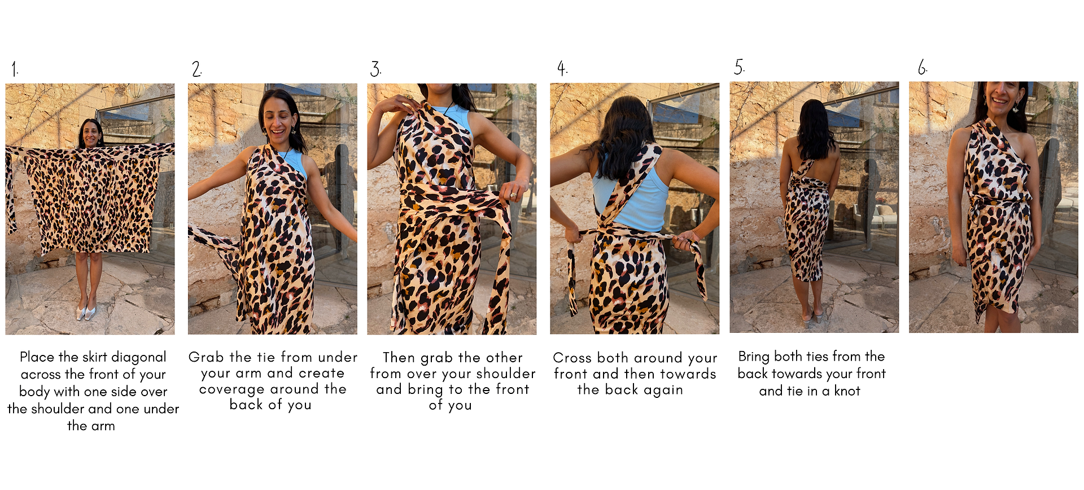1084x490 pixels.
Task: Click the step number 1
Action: pyautogui.click(x=15, y=70)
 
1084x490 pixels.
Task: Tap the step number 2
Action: pyautogui.click(x=196, y=69)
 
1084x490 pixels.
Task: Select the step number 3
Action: pyautogui.click(x=375, y=69)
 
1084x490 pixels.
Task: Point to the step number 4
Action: pyautogui.click(x=562, y=68)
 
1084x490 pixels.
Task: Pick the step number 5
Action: pyautogui.click(x=739, y=67)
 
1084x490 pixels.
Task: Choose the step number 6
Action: pyautogui.click(x=922, y=68)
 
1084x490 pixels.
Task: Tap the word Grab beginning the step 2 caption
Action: pyautogui.click(x=207, y=357)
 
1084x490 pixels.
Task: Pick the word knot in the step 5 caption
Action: pyautogui.click(x=847, y=391)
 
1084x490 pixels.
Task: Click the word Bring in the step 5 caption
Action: pyautogui.click(x=754, y=357)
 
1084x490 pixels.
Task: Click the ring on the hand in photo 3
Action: pyautogui.click(x=513, y=196)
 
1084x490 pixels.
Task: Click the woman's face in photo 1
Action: pyautogui.click(x=90, y=134)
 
